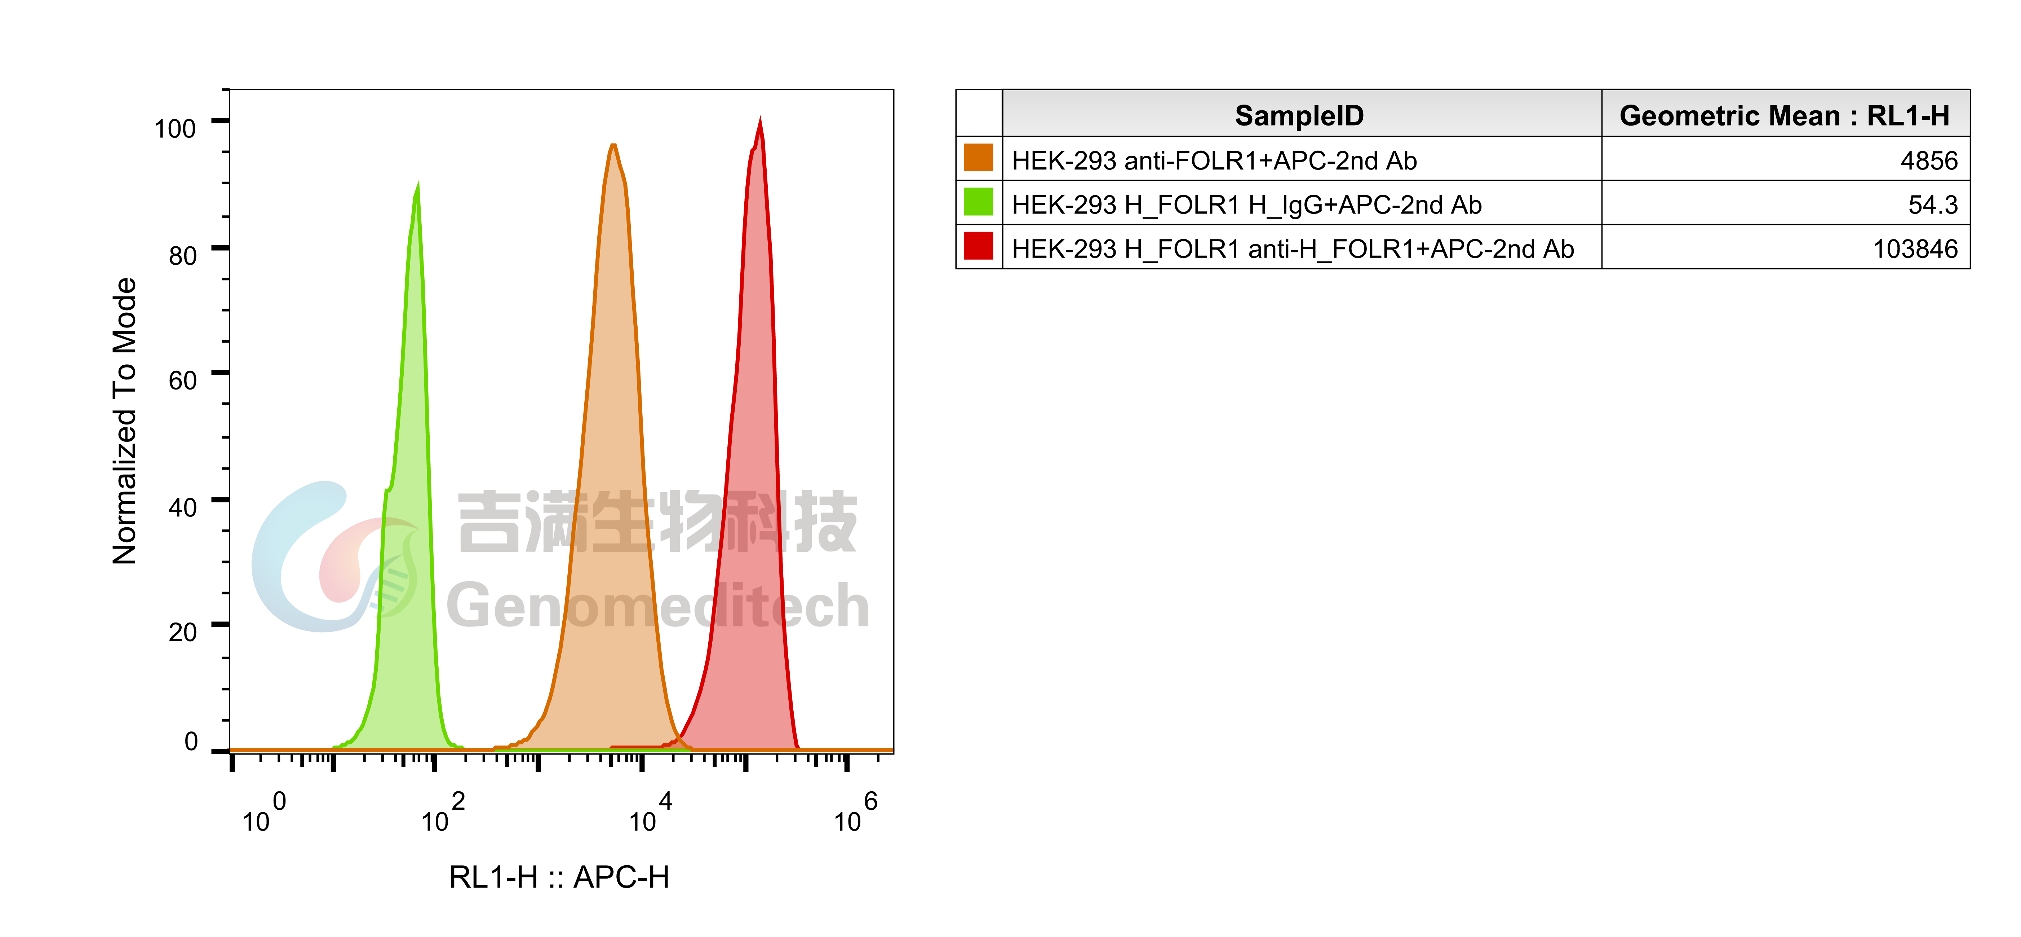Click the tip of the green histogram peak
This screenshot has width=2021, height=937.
(x=418, y=182)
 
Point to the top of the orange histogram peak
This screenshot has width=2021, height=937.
(x=613, y=145)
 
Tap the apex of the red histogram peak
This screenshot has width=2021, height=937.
(x=760, y=118)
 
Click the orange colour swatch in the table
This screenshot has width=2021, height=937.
(x=978, y=158)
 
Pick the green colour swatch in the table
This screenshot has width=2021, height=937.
(x=978, y=202)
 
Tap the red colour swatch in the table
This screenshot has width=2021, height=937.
(x=978, y=246)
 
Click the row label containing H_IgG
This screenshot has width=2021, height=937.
(x=1246, y=205)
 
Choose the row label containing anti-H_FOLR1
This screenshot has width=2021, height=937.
(x=1292, y=249)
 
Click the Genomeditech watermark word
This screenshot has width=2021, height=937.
(x=657, y=606)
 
